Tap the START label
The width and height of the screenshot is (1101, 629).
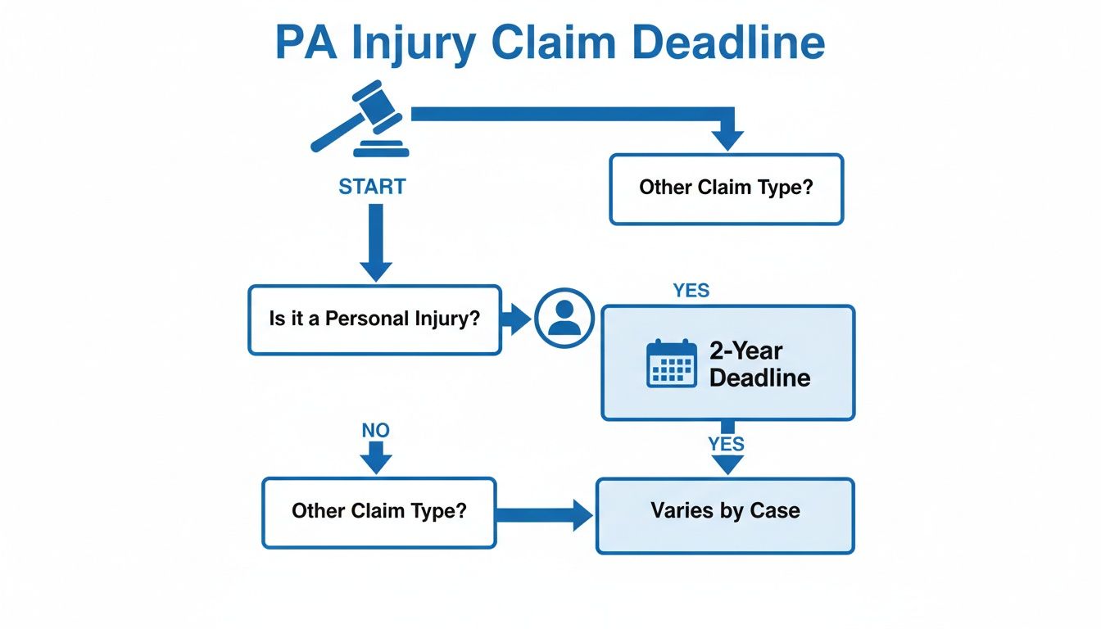pos(372,187)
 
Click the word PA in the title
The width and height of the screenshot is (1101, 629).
pos(306,44)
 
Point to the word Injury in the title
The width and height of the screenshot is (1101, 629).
pos(413,44)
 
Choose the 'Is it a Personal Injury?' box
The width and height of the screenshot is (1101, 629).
pos(374,319)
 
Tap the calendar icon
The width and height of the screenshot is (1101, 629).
pos(671,364)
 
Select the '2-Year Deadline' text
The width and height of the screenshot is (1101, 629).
pos(759,364)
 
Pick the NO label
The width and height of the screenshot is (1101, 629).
pos(375,430)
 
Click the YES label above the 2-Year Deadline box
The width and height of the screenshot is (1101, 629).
pos(691,291)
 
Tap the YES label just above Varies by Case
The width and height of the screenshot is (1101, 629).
pos(726,444)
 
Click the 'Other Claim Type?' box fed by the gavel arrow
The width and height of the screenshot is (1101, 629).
pos(726,188)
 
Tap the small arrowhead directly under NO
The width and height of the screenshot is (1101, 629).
pos(375,459)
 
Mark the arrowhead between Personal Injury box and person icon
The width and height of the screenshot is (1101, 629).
pos(516,319)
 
